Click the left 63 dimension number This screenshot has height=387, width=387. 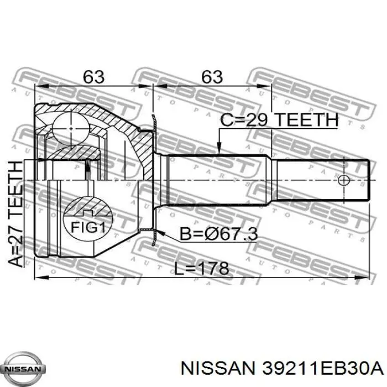(93, 77)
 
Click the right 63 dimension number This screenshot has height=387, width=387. (212, 77)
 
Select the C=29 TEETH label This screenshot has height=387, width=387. (279, 120)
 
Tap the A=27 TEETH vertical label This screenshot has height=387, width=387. (15, 214)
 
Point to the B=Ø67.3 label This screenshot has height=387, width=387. (218, 234)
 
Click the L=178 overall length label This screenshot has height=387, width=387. (201, 268)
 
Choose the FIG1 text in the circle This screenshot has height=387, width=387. (88, 227)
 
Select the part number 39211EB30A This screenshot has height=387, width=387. (322, 369)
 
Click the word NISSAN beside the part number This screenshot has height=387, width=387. (217, 369)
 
